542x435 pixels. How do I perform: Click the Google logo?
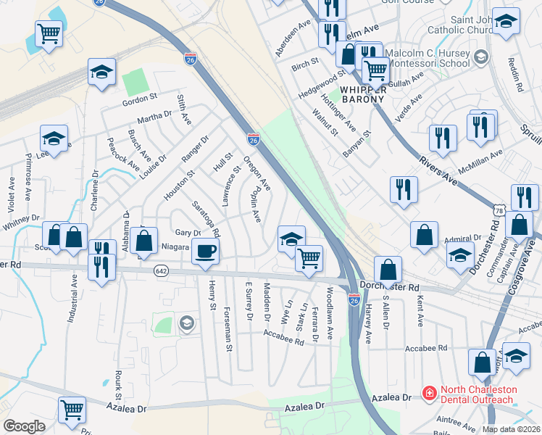(x=24, y=426)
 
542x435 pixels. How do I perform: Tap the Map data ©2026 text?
(x=512, y=429)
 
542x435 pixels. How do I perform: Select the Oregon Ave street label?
(x=257, y=174)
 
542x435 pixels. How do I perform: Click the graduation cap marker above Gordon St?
(x=102, y=72)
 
